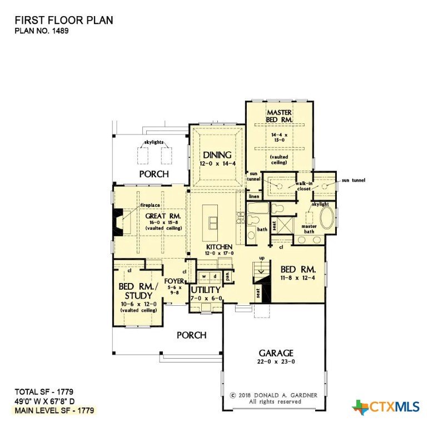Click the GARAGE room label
pos(276,353)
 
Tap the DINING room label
pos(217,155)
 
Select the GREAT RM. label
pos(163,216)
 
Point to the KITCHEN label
pos(219,247)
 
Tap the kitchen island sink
pos(213,223)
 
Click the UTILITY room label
pos(206,290)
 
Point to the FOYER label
pos(174,281)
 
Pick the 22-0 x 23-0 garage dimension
pos(276,361)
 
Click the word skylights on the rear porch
pos(154,142)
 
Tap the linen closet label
pos(254,196)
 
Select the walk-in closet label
pos(304,186)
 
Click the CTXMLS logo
pos(386,407)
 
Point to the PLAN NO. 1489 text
pos(42,31)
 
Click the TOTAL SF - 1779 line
pos(44,391)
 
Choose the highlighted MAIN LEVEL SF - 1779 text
pos(54,410)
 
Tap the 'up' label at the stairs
pos(262,258)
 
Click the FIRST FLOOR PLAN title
pos(64,20)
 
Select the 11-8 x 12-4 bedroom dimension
pos(298,278)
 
